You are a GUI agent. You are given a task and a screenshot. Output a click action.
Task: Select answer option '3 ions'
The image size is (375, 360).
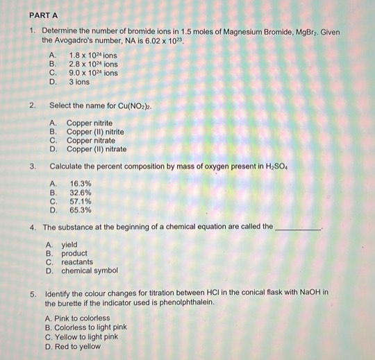[x=78, y=82]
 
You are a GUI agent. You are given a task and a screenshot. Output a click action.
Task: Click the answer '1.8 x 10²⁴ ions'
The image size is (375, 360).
[x=92, y=55]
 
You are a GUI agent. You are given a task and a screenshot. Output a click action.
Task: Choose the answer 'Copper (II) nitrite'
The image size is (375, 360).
[x=95, y=131]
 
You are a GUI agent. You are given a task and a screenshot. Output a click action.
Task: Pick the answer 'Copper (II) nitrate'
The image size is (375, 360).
[x=96, y=148]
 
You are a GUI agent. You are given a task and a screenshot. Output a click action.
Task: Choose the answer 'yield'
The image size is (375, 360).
[x=69, y=245]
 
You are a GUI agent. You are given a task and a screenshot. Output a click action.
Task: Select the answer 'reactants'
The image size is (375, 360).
[x=76, y=262]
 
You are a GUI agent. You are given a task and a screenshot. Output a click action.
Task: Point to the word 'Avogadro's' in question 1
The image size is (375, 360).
[x=81, y=42]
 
